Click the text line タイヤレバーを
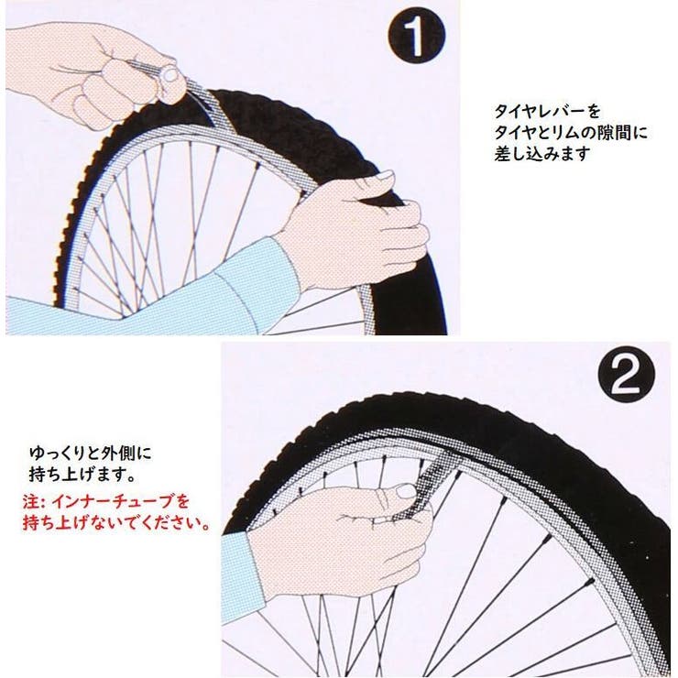pyautogui.click(x=547, y=112)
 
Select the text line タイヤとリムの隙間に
pyautogui.click(x=571, y=132)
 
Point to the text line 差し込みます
pyautogui.click(x=542, y=154)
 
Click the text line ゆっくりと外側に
pyautogui.click(x=91, y=454)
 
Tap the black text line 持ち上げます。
pyautogui.click(x=82, y=475)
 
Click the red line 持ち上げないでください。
pyautogui.click(x=115, y=523)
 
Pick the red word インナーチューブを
pyautogui.click(x=121, y=502)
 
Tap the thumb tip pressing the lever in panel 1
pyautogui.click(x=169, y=75)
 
